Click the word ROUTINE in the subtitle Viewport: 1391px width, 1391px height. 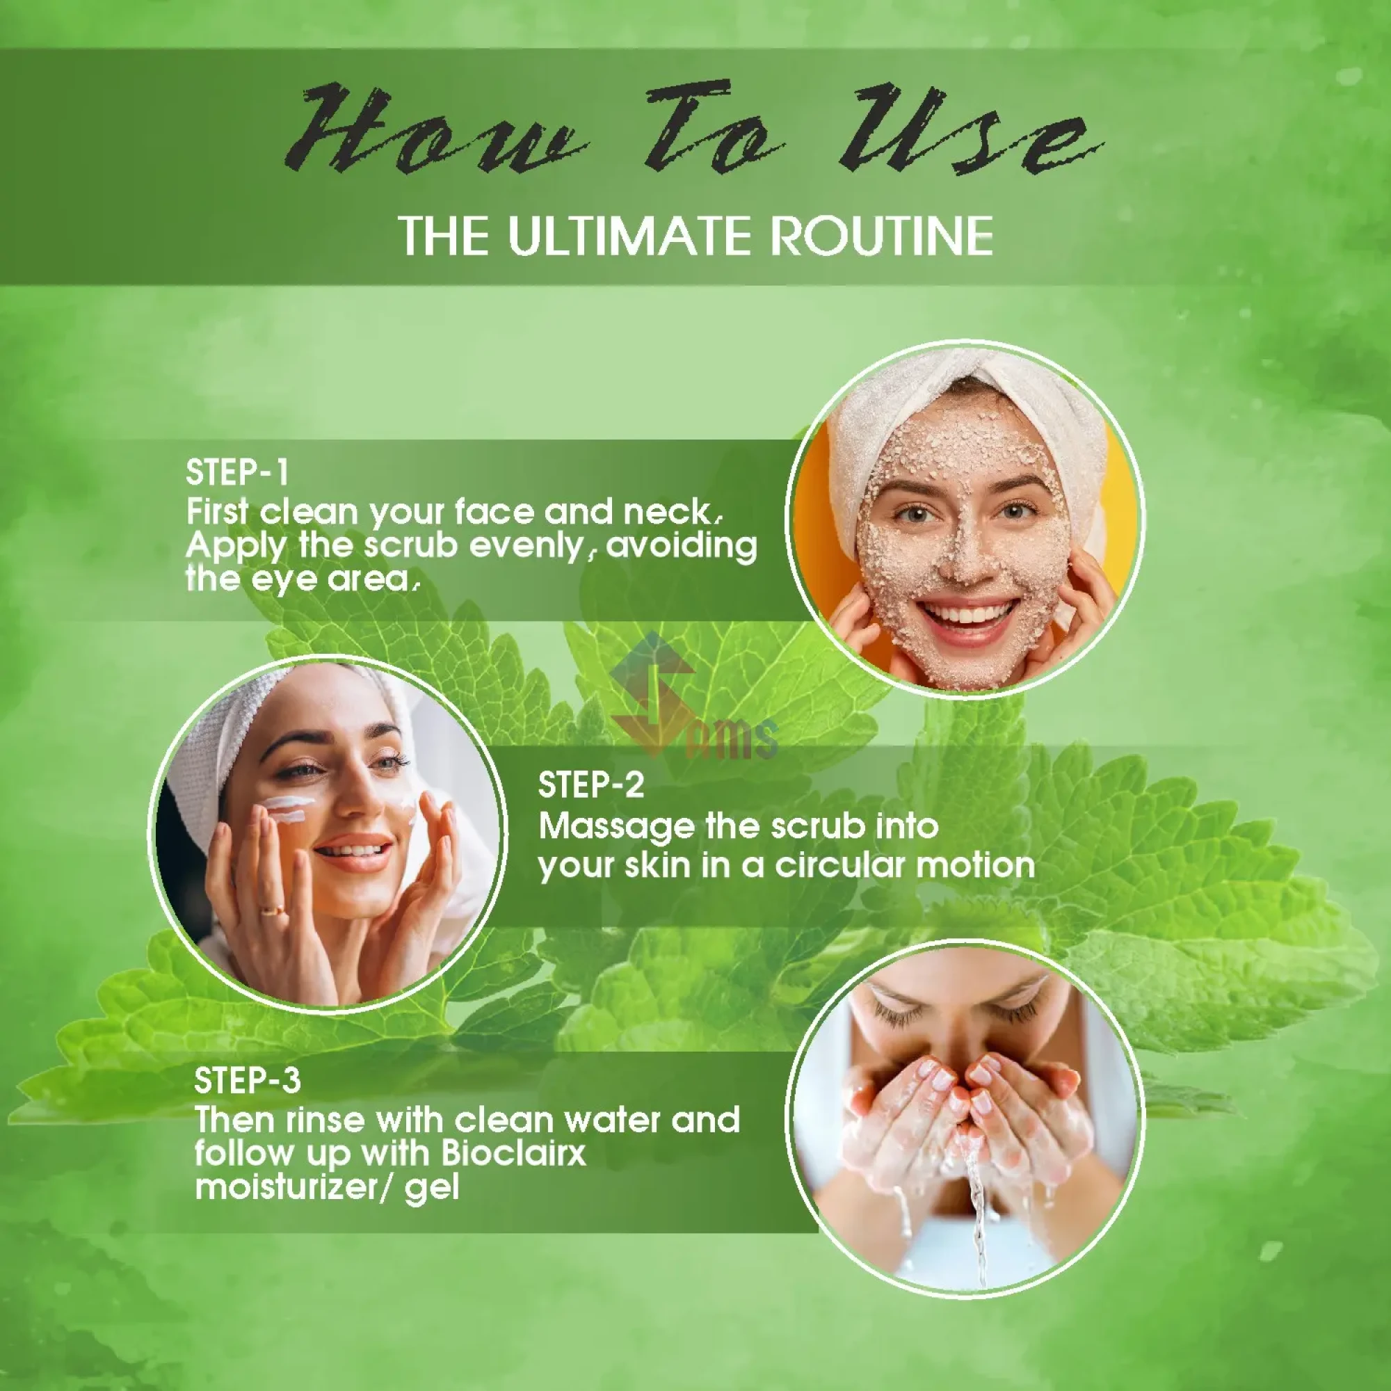click(882, 234)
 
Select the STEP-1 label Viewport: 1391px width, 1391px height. click(237, 473)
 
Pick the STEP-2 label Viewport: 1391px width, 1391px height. click(591, 785)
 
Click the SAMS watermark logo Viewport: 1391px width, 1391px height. click(691, 698)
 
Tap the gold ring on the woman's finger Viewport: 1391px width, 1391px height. click(273, 910)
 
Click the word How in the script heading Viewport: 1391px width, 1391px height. click(432, 129)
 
